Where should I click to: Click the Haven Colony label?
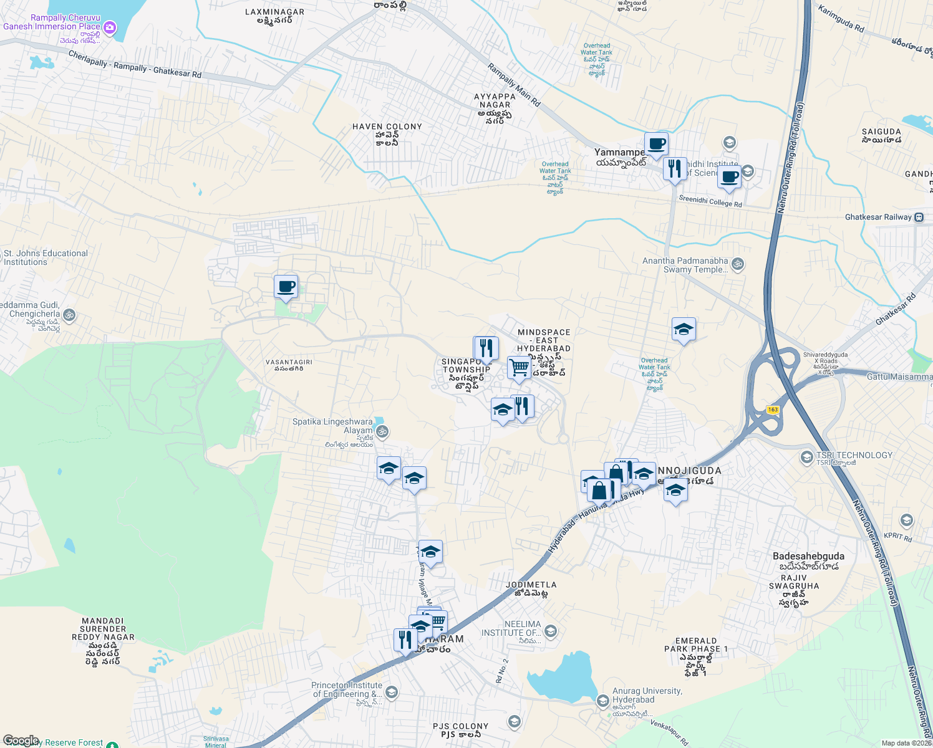[x=387, y=134]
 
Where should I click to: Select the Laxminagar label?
[x=274, y=16]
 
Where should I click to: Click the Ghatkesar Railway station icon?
[x=919, y=218]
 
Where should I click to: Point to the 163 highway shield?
[x=773, y=410]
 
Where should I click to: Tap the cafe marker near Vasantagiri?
[x=286, y=287]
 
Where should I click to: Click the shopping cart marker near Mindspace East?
[x=519, y=368]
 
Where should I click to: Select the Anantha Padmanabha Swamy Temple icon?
[x=738, y=264]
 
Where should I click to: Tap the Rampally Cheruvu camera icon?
[x=110, y=27]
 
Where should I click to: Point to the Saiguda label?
[x=881, y=135]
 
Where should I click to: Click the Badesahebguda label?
[x=808, y=560]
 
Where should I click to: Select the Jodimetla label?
[x=531, y=588]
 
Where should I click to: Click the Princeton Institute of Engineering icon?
[x=391, y=692]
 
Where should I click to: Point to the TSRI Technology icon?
[x=806, y=458]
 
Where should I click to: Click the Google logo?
[x=21, y=741]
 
